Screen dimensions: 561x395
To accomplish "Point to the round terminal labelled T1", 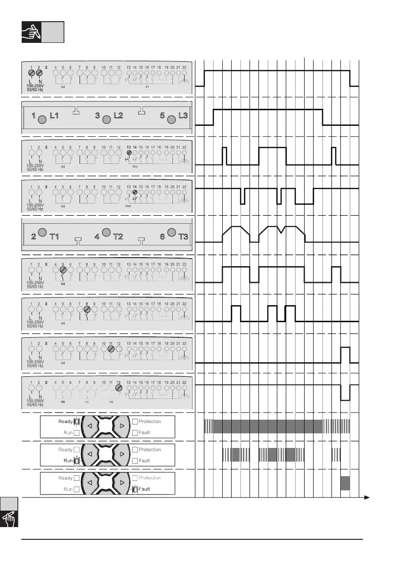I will (41, 232).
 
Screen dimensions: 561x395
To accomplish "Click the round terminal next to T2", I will (106, 232).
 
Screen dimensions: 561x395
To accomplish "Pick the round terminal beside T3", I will (172, 232).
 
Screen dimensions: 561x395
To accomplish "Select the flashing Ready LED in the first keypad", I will (77, 421).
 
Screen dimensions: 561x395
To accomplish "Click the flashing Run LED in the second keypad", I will (77, 461).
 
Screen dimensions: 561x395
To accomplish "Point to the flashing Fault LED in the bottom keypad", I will (135, 489).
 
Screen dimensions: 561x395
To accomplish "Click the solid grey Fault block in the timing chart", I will (345, 483).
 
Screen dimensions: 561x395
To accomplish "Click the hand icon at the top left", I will (32, 32).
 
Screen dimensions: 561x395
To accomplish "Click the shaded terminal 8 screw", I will (87, 309).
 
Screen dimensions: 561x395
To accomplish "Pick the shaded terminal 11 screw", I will (111, 349).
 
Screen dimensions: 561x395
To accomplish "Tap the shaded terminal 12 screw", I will (118, 389).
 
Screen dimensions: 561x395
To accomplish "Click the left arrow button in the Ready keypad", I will (90, 426).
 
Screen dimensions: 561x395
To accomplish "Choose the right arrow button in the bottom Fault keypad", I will (122, 483).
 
